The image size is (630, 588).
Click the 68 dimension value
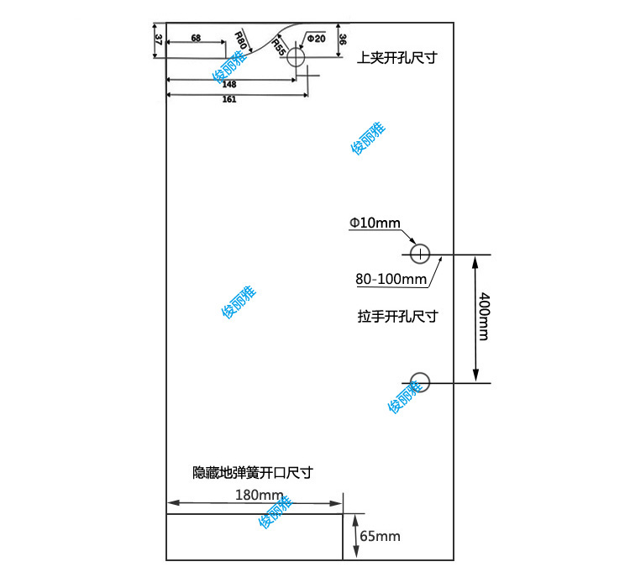tap(196, 39)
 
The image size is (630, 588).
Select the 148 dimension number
tap(229, 84)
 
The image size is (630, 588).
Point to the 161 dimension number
tap(229, 100)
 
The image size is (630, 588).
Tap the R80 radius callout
tap(241, 39)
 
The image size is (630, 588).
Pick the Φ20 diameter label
tap(315, 39)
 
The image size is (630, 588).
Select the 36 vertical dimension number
tap(343, 39)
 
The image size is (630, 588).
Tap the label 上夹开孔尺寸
tap(397, 58)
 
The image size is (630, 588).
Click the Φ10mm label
tap(375, 223)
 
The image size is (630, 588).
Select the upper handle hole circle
tap(420, 253)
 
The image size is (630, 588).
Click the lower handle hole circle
tap(420, 382)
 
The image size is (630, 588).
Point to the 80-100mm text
tap(391, 279)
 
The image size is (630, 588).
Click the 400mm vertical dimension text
tap(483, 316)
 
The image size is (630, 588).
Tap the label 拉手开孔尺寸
tap(397, 317)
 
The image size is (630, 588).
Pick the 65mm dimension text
tap(380, 536)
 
